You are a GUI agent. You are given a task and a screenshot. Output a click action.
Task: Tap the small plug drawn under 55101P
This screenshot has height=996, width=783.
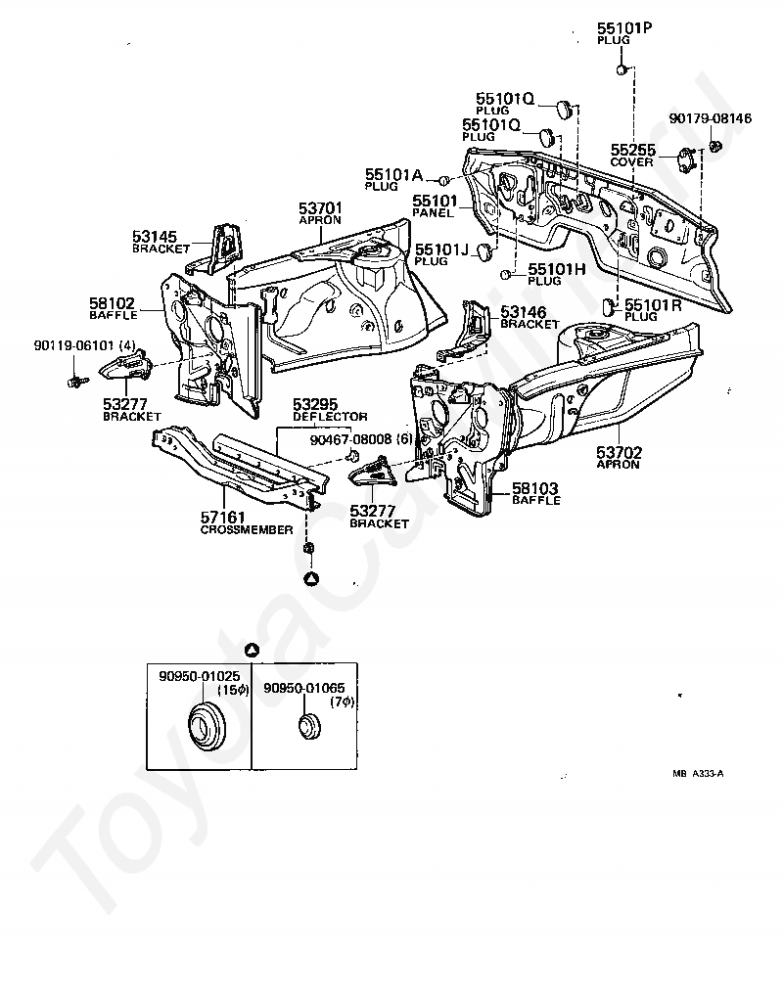pos(622,68)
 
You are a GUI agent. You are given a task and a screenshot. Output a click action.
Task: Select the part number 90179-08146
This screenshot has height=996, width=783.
pos(710,118)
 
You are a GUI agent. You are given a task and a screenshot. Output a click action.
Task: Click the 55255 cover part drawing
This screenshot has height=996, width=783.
pos(684,158)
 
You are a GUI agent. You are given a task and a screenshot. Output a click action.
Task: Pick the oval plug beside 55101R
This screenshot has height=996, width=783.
pos(609,306)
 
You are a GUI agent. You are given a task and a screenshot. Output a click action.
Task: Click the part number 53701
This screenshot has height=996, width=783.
pos(320,208)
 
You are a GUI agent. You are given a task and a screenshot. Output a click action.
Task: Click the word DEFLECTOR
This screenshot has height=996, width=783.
pos(330,417)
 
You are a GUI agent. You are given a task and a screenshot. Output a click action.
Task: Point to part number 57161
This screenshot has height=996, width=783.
pos(224,518)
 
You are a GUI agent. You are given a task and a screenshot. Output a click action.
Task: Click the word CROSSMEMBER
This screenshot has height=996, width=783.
pos(247,529)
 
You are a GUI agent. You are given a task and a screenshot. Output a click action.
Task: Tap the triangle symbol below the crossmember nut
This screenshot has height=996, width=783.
pos(311,578)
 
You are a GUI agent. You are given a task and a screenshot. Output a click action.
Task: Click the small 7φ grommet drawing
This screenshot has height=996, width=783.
pos(310,727)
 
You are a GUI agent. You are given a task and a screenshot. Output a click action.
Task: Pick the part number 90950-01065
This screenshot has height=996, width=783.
pos(303,688)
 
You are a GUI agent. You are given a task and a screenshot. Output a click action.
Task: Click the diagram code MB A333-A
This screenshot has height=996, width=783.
pos(697,773)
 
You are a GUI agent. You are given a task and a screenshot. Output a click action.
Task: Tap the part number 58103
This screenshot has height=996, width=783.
pos(535,488)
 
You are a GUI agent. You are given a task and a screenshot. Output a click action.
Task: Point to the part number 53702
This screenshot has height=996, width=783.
pos(619,453)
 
